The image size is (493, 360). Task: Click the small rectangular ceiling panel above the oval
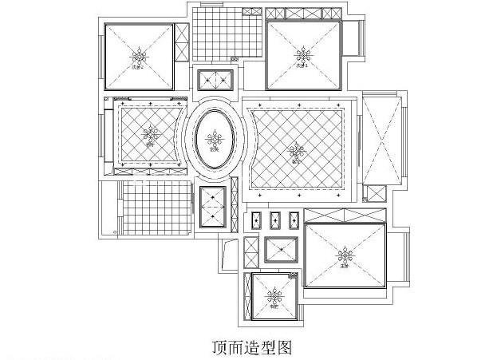pyautogui.click(x=214, y=80)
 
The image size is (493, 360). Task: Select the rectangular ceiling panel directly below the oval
pyautogui.click(x=214, y=208)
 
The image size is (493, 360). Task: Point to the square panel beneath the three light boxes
pyautogui.click(x=281, y=251)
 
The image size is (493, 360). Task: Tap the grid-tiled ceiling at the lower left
pyautogui.click(x=156, y=208)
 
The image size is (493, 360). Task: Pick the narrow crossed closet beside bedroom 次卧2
pyautogui.click(x=182, y=42)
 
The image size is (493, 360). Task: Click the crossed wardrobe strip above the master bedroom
pyautogui.click(x=345, y=216)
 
